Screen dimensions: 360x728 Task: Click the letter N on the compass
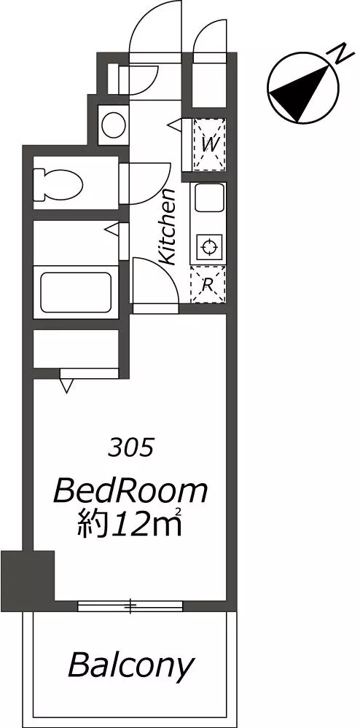point(343,55)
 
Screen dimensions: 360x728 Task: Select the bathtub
point(77,292)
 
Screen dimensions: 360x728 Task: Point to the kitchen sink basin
point(208,198)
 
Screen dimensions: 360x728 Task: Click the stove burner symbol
point(208,247)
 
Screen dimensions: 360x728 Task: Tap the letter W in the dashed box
point(209,144)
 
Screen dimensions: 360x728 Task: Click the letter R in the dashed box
point(208,285)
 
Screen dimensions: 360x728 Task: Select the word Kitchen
point(167,227)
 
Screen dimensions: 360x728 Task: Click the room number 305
point(131,448)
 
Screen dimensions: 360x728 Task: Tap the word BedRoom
point(130,492)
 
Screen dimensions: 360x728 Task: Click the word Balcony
point(130,665)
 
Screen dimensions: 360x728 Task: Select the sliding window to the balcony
point(130,606)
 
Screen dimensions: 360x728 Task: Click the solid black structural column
point(28,575)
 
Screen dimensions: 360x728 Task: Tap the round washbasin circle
point(114,123)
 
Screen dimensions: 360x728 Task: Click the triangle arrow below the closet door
point(66,385)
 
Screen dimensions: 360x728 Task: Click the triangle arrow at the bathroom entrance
point(112,229)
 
